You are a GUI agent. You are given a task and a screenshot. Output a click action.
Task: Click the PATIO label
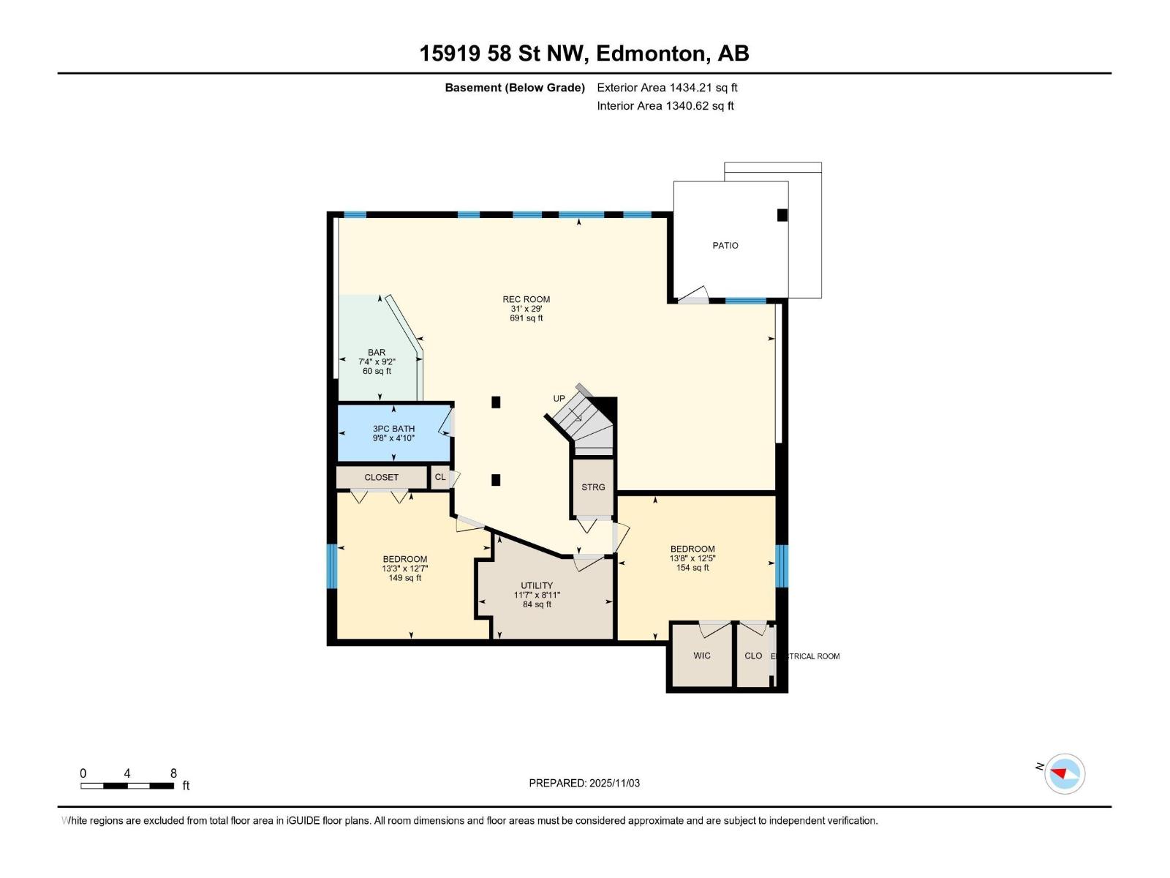point(725,246)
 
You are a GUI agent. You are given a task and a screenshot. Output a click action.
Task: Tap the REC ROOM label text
point(526,299)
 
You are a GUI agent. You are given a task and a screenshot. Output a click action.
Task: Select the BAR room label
point(377,353)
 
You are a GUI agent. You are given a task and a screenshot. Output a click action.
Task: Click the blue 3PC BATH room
point(393,433)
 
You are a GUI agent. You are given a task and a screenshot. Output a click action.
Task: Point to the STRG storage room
point(593,487)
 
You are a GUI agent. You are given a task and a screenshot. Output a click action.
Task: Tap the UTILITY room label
point(537,585)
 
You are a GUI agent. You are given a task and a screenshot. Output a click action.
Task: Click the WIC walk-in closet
point(702,656)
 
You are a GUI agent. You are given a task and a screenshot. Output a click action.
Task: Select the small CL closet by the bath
point(440,477)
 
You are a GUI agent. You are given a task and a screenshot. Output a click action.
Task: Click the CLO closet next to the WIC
point(753,656)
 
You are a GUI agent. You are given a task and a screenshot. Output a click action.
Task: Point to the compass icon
point(1065,774)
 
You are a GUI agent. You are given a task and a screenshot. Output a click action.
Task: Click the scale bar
point(127,786)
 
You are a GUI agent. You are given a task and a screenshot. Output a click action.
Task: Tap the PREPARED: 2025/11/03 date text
point(584,783)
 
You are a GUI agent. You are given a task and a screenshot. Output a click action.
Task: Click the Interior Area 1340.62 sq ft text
point(665,106)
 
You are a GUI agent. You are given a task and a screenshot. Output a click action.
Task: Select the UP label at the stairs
point(559,399)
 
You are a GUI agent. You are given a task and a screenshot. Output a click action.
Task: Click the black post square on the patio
point(782,215)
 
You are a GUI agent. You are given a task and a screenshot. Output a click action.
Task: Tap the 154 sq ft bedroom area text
point(692,568)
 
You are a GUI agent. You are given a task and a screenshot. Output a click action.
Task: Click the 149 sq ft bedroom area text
point(404,578)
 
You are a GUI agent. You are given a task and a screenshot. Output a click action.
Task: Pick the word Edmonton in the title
point(652,53)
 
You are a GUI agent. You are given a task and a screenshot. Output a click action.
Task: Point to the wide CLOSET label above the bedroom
point(382,477)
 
